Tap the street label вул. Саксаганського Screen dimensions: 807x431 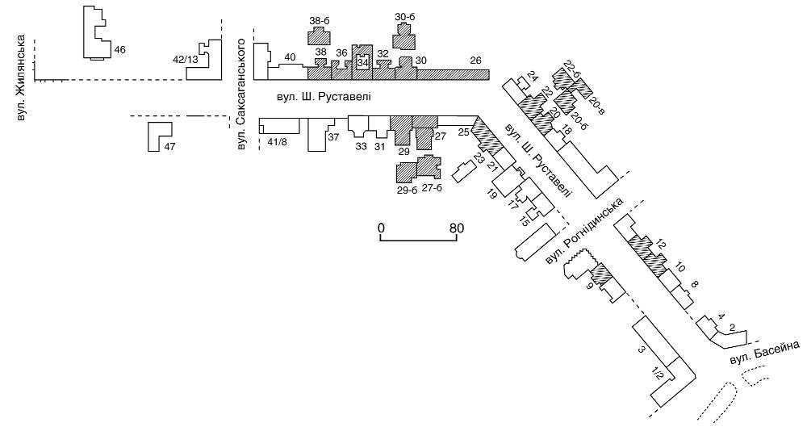(x=241, y=96)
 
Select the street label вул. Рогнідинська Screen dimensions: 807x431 (x=584, y=231)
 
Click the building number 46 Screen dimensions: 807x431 (x=120, y=50)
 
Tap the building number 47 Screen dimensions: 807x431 (x=169, y=147)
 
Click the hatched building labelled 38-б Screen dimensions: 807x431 (x=319, y=37)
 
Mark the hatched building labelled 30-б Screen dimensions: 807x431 (x=404, y=37)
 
